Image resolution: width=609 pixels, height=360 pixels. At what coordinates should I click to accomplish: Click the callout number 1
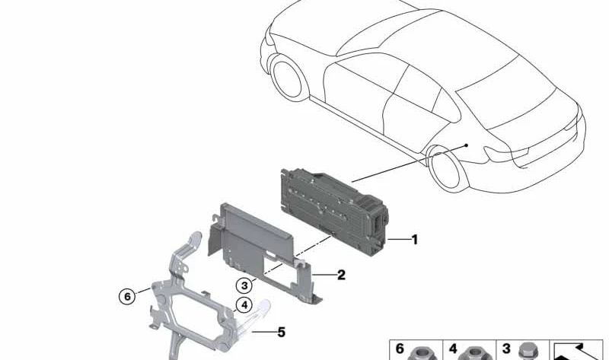click(415, 240)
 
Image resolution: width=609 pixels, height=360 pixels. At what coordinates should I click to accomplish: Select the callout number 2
click(341, 275)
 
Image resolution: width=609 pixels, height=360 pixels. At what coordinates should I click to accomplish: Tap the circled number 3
click(244, 286)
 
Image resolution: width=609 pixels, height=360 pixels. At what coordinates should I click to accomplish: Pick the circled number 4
click(244, 305)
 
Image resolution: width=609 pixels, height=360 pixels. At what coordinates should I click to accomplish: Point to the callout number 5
click(281, 333)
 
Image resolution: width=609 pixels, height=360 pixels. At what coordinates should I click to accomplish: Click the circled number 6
click(127, 297)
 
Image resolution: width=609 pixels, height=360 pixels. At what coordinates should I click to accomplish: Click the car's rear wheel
click(445, 168)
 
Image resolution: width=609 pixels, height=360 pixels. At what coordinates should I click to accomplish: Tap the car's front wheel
click(288, 78)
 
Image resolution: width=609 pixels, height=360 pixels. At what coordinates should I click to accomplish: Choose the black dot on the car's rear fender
click(467, 145)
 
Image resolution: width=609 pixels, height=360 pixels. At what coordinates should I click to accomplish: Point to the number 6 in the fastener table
click(400, 349)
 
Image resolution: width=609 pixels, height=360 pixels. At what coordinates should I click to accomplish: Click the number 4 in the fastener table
click(453, 349)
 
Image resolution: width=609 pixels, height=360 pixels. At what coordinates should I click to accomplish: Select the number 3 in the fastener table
click(505, 349)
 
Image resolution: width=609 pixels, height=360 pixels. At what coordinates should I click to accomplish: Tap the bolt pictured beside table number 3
click(528, 351)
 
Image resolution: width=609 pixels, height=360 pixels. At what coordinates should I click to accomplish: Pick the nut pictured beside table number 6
click(421, 352)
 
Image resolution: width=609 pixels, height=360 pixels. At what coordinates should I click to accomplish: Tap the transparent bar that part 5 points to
click(253, 316)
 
